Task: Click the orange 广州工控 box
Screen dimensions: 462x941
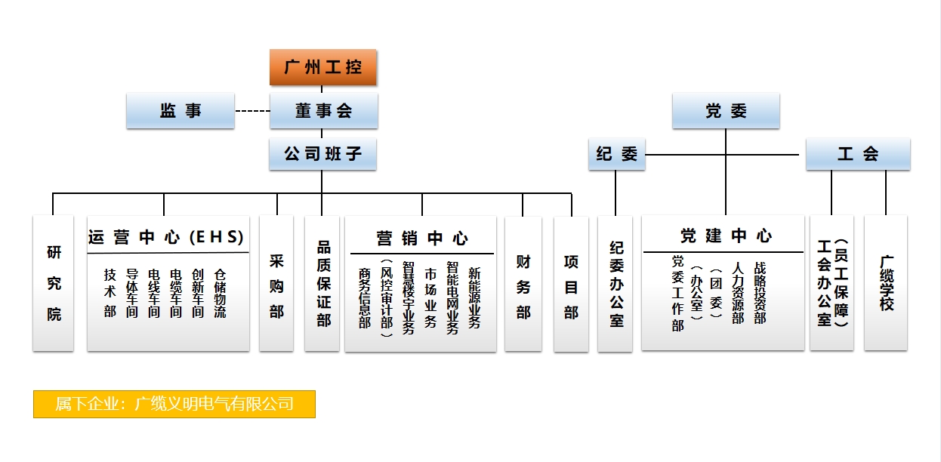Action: (x=323, y=67)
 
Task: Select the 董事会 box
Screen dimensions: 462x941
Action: (x=323, y=111)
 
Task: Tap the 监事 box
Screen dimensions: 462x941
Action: (x=180, y=111)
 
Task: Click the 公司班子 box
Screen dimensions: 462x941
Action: (x=322, y=155)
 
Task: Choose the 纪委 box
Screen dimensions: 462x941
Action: (x=616, y=155)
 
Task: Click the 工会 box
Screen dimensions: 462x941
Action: (x=857, y=155)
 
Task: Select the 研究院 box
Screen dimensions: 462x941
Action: (x=54, y=283)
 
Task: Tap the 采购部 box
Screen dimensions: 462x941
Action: (x=276, y=284)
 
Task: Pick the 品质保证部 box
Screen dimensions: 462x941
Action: (x=322, y=284)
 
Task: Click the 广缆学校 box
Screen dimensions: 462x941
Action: (x=886, y=283)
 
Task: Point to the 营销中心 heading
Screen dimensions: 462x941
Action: (x=421, y=239)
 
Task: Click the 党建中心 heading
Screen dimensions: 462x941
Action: (x=725, y=236)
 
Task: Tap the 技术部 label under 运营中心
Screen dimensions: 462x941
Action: (x=110, y=293)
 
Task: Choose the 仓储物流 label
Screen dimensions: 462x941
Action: (x=220, y=293)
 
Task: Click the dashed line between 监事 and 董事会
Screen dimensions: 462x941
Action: (x=252, y=112)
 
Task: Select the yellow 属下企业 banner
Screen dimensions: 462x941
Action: (x=174, y=404)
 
